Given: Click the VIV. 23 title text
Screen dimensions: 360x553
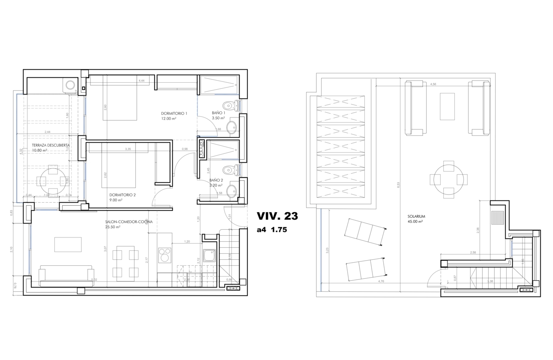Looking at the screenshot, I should (276, 216).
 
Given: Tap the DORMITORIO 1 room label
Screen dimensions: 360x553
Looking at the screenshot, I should (174, 113).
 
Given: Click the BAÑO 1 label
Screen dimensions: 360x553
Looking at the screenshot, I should (218, 113).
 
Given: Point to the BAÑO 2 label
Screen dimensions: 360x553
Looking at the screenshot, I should (216, 180).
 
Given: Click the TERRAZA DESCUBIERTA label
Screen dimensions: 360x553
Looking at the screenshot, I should (51, 145).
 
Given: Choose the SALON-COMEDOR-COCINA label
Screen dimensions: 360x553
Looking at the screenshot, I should (129, 222).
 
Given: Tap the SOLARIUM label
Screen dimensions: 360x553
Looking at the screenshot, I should (415, 216).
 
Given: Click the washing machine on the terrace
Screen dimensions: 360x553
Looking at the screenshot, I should (69, 84).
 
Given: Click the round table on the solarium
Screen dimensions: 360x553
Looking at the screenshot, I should (448, 180).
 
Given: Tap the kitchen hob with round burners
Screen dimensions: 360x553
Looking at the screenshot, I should (165, 255).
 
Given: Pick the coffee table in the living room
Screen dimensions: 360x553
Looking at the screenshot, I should (68, 245).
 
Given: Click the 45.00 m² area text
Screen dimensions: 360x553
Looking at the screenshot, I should (415, 222).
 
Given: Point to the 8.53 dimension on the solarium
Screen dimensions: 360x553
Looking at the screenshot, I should (398, 184).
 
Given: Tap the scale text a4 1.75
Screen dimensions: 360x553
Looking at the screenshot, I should (271, 230).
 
